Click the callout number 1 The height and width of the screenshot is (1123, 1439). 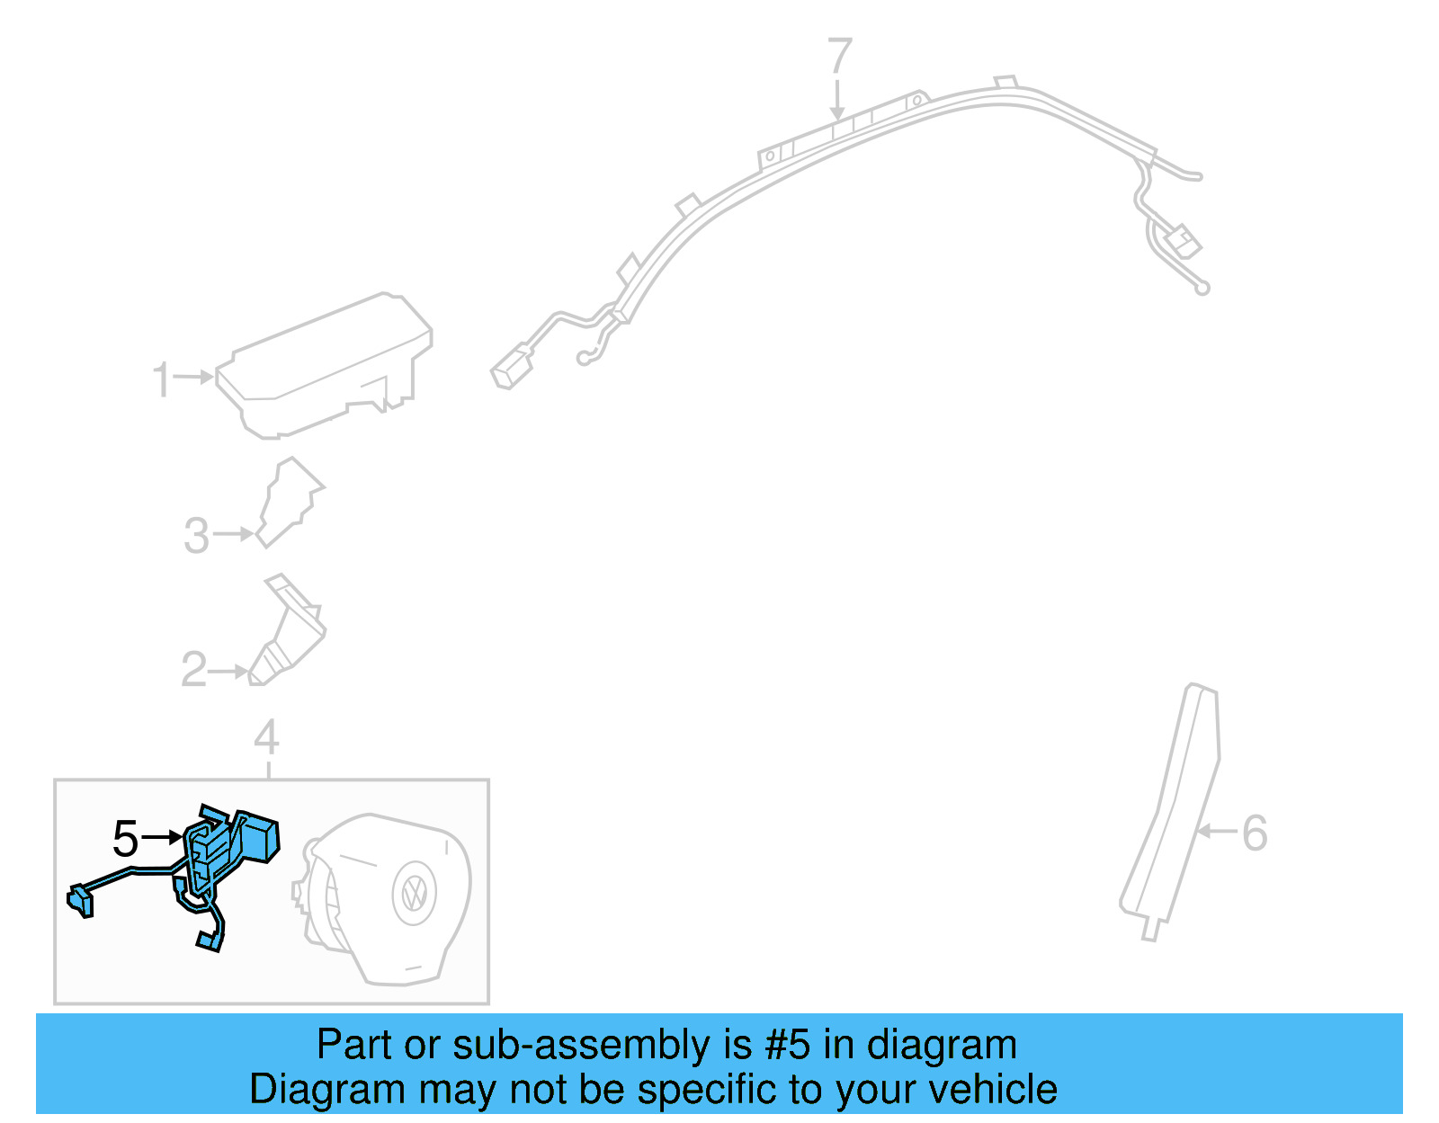[x=161, y=379]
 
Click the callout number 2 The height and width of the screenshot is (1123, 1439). [x=194, y=670]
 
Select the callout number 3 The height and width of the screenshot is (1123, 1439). [x=196, y=536]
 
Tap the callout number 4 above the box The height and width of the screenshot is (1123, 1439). [x=266, y=738]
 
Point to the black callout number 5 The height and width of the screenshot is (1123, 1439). [x=126, y=839]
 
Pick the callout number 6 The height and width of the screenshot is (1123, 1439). [x=1255, y=833]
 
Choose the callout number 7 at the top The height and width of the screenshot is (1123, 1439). [x=839, y=57]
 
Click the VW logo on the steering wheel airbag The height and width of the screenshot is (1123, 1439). [x=415, y=892]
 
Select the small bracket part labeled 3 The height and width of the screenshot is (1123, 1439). [x=290, y=501]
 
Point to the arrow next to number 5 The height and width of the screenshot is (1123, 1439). [x=163, y=838]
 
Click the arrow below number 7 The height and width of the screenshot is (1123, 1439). [x=838, y=99]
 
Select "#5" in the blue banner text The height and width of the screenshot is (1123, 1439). [x=788, y=1046]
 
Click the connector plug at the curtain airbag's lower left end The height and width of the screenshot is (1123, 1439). [x=510, y=370]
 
